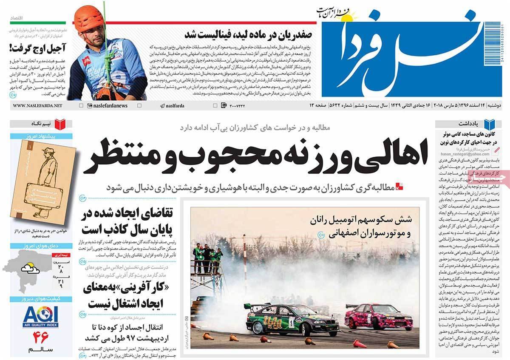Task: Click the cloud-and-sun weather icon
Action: click(x=29, y=268)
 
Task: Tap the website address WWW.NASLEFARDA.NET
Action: click(x=37, y=105)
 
